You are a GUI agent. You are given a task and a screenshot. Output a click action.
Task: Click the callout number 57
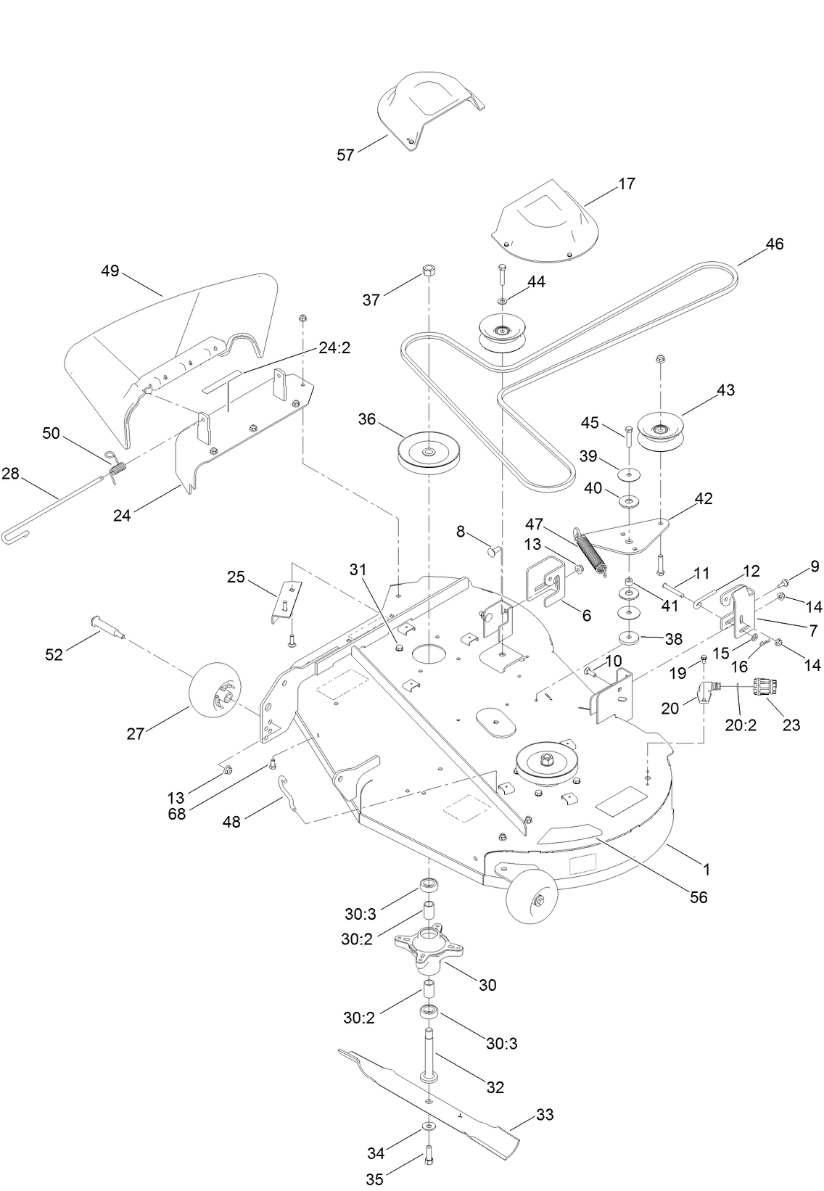[345, 154]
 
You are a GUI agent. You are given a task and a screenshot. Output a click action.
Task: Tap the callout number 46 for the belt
[774, 244]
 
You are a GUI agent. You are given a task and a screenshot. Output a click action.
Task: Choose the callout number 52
[54, 654]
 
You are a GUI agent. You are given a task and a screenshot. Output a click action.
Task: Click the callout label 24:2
[334, 347]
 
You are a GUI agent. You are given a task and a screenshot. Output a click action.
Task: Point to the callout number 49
[110, 271]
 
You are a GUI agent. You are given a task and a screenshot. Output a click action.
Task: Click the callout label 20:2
[740, 725]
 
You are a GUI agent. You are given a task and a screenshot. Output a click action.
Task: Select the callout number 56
[698, 897]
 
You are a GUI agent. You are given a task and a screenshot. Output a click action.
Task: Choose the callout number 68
[177, 814]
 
